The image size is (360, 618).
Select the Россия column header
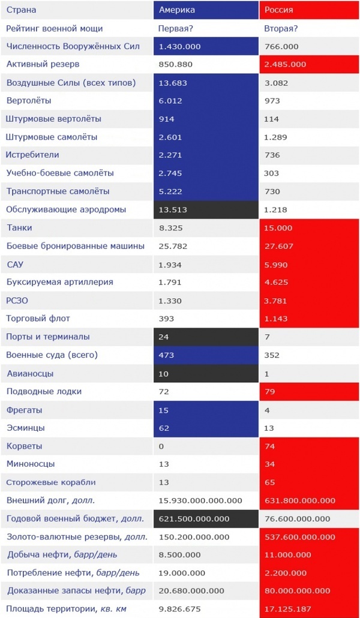coord(279,10)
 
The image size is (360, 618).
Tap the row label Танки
coord(19,228)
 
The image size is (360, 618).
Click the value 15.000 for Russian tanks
coord(278,228)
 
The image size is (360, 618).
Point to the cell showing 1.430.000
coord(179,46)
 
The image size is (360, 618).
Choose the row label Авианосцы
coord(30,373)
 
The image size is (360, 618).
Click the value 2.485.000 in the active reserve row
coord(285,64)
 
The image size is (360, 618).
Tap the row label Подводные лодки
coord(44,391)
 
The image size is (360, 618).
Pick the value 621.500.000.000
coord(194,518)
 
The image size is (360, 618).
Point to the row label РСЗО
coord(18,300)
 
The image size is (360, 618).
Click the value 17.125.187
coord(285,609)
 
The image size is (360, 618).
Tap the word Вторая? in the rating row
coord(281,28)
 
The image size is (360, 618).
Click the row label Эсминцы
coord(25,428)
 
